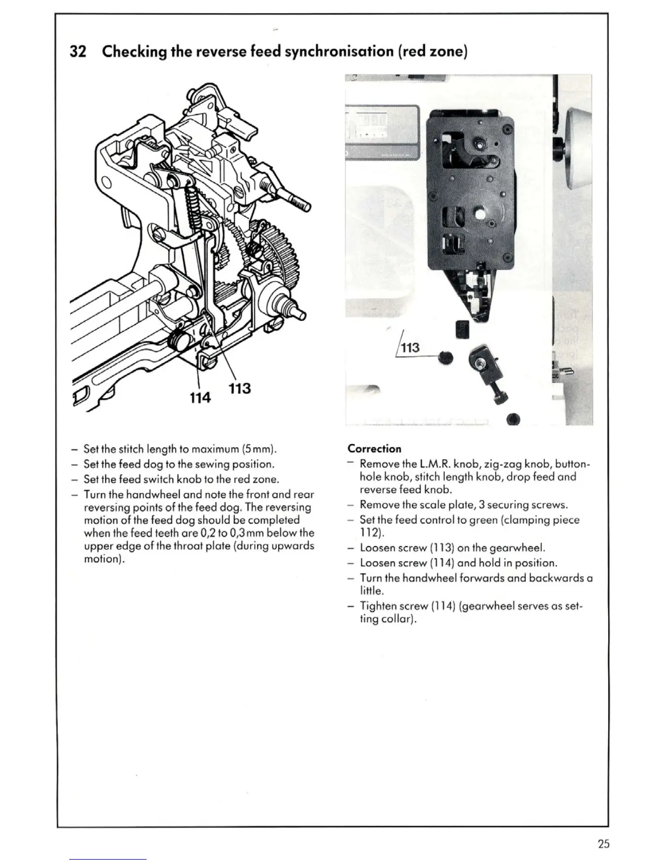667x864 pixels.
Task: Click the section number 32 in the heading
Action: pyautogui.click(x=79, y=51)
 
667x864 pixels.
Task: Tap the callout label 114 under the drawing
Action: pyautogui.click(x=200, y=398)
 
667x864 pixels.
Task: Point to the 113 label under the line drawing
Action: pyautogui.click(x=239, y=388)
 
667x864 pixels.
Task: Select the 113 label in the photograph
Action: pyautogui.click(x=410, y=347)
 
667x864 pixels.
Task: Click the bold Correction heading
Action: pyautogui.click(x=374, y=449)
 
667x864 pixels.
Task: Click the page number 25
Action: pyautogui.click(x=603, y=844)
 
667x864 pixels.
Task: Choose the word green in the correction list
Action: pyautogui.click(x=483, y=520)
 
